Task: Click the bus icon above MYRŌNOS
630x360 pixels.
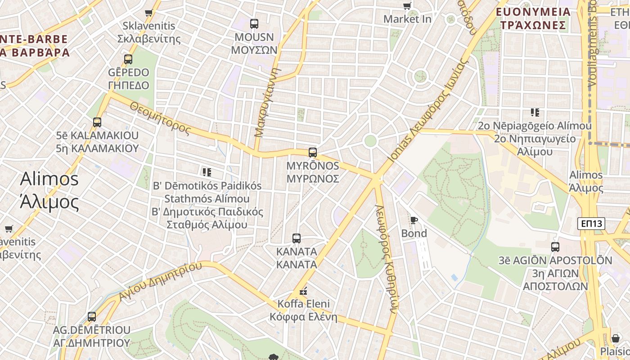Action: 313,153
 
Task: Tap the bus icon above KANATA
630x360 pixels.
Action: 296,238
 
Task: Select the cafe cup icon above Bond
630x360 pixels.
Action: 414,220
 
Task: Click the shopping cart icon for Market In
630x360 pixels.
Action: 407,6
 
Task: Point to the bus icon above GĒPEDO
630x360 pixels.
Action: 128,59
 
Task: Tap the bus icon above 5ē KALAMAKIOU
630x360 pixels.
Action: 97,122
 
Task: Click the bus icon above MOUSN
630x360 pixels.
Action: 254,23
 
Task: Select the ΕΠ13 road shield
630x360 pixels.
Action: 591,223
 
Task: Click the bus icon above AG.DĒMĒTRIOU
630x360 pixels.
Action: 92,316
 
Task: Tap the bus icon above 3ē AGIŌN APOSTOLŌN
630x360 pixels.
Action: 555,247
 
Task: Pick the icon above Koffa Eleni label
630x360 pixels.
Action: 303,291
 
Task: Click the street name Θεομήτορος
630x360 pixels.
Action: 161,118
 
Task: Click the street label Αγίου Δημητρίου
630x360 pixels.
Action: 160,281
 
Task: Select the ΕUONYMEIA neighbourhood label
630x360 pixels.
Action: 533,12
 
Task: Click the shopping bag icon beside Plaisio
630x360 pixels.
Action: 615,338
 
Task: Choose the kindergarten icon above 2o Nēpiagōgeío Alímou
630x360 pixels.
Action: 535,112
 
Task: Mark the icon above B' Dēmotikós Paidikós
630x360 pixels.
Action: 207,172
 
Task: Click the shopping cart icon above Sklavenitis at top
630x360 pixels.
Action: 149,13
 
